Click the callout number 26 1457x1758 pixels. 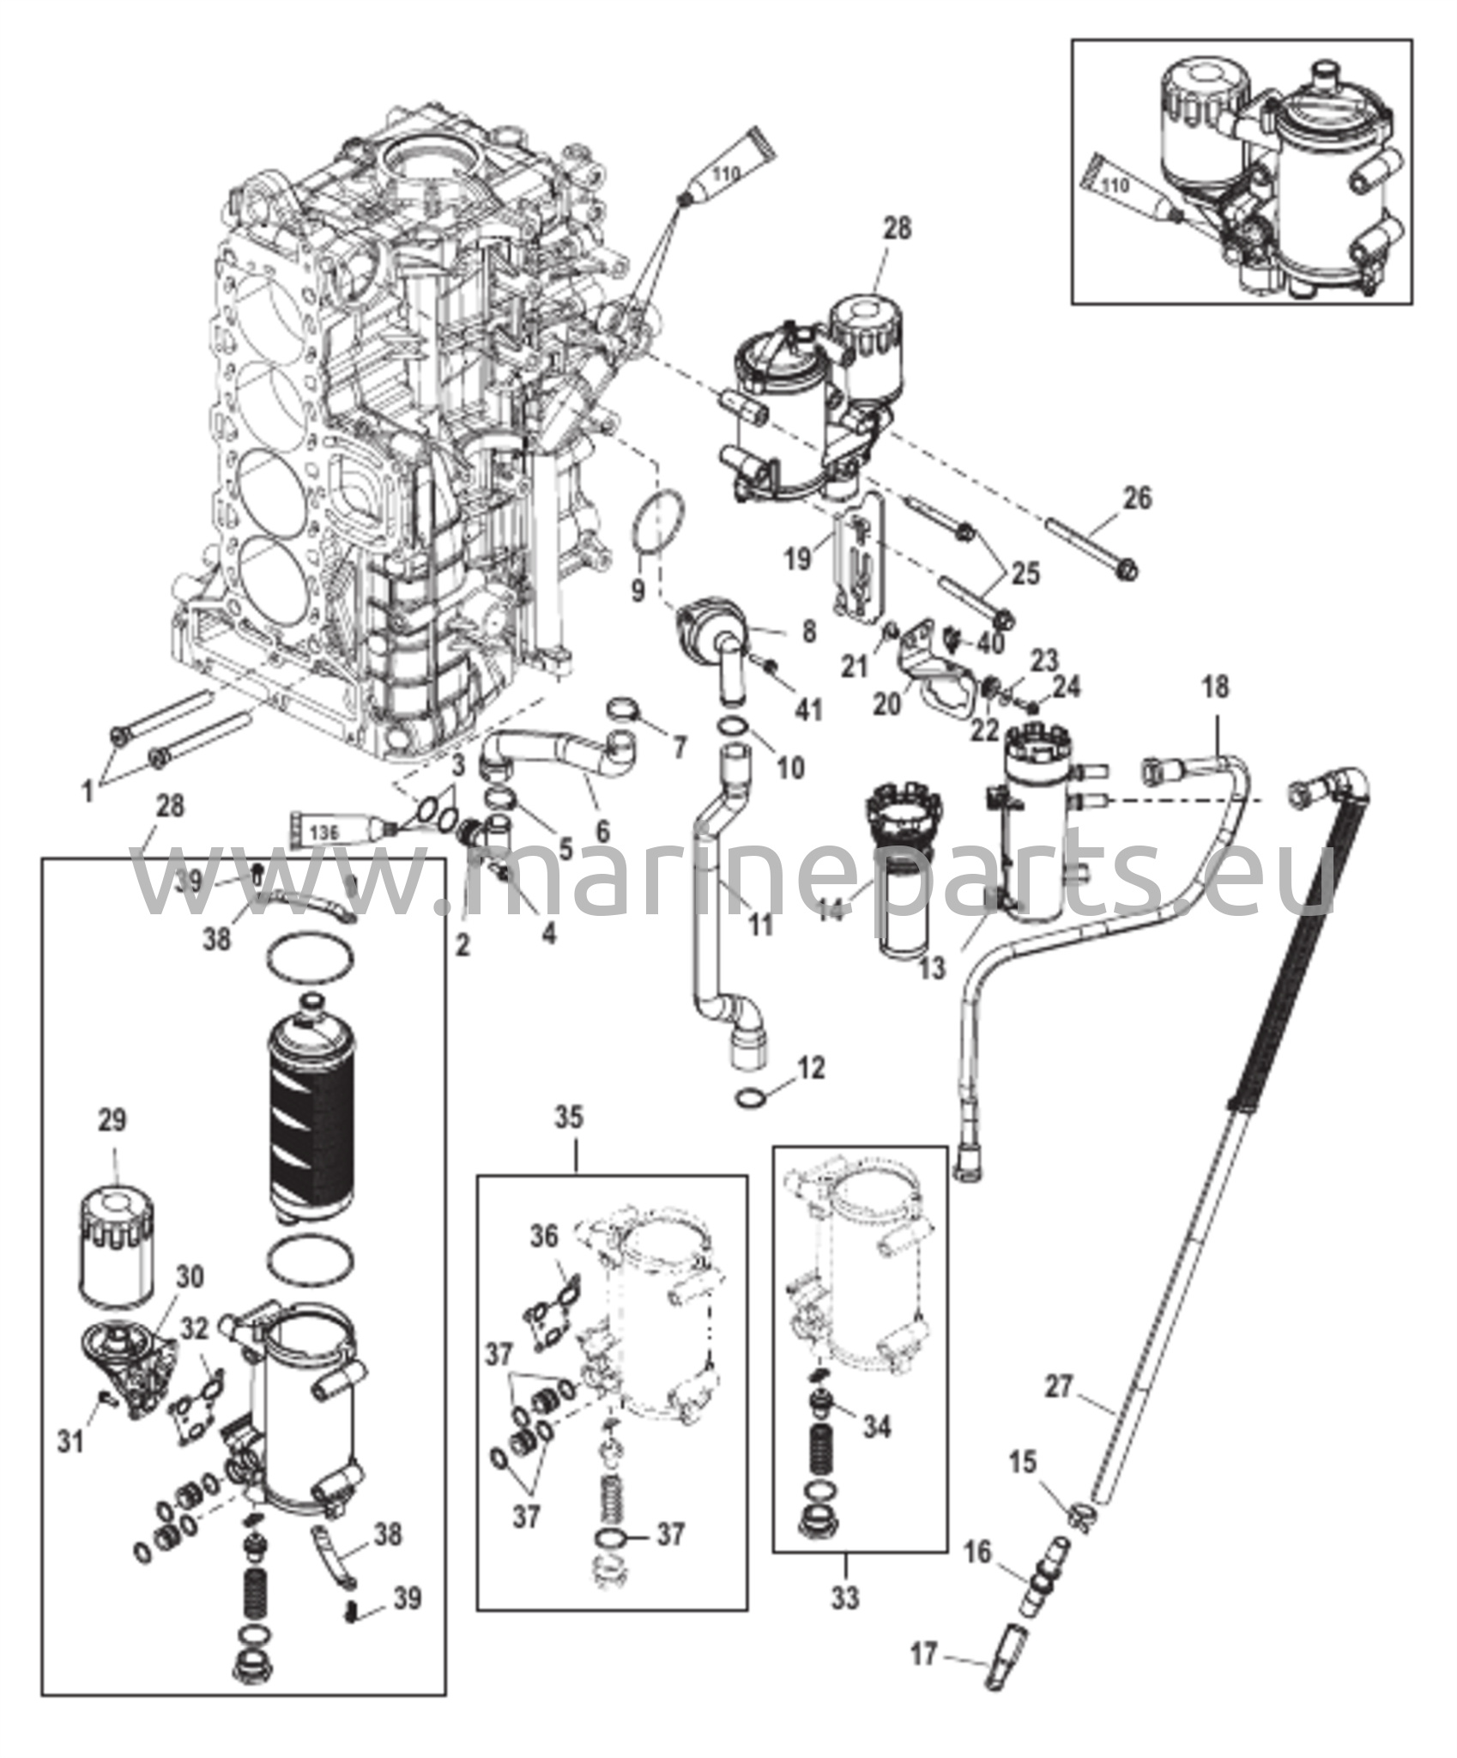pyautogui.click(x=1137, y=498)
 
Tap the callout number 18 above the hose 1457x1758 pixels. pyautogui.click(x=1216, y=688)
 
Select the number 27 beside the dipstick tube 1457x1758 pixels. pyautogui.click(x=1060, y=1386)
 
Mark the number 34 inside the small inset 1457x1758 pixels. pyautogui.click(x=875, y=1426)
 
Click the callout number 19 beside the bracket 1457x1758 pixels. pyautogui.click(x=797, y=559)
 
